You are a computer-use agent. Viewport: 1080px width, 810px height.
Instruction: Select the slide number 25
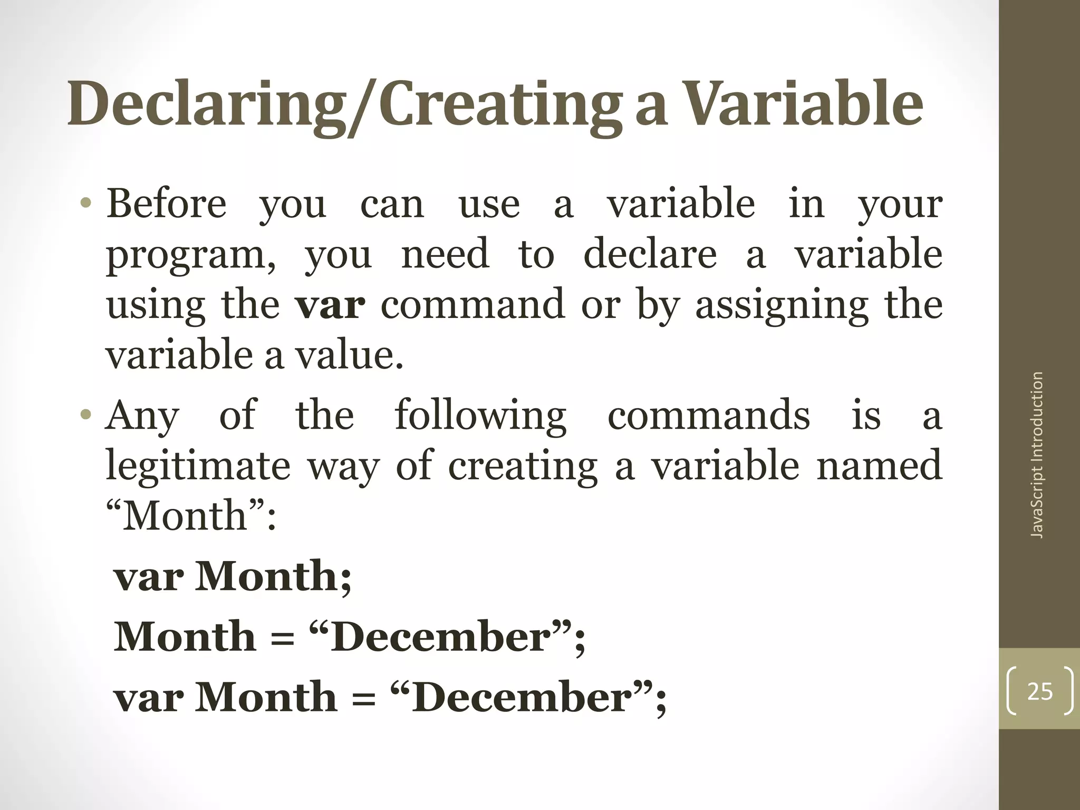coord(1040,691)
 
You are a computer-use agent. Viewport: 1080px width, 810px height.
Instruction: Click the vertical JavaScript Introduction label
coord(1037,455)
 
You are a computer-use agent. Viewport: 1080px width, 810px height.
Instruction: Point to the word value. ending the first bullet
coord(349,355)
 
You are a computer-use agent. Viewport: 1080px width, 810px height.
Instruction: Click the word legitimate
coord(198,466)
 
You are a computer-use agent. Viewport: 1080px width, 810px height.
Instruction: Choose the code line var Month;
coord(233,576)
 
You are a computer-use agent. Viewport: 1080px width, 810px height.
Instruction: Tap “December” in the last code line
coord(523,697)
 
